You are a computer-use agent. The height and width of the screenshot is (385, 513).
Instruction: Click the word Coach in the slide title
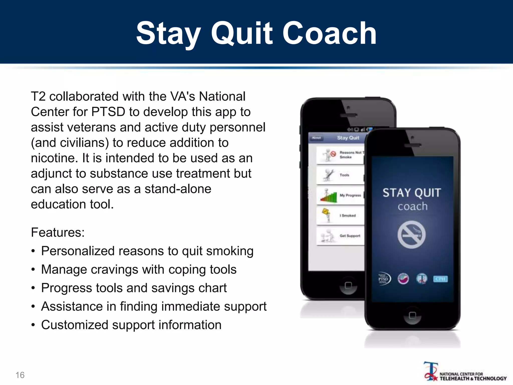point(329,33)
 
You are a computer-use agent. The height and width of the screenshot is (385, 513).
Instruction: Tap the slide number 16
point(20,375)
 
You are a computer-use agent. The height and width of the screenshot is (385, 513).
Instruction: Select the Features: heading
point(58,232)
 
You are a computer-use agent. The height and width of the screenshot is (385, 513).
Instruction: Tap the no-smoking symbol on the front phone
point(411,235)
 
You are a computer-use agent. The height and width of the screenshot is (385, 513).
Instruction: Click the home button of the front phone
point(412,315)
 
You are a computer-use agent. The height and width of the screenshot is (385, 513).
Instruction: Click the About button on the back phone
point(316,138)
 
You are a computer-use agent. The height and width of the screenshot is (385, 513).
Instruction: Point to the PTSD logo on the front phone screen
point(384,279)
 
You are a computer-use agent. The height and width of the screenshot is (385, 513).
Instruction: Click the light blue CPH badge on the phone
point(440,279)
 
